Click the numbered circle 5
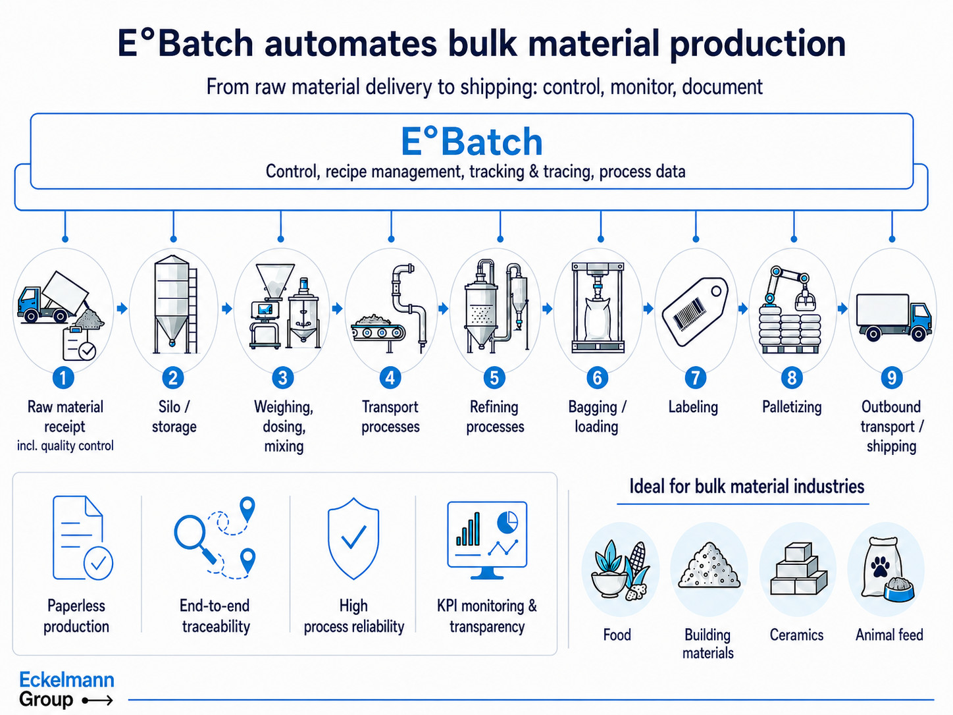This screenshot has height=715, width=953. click(494, 378)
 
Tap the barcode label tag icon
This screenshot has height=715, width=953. click(695, 311)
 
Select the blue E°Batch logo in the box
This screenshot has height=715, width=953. click(471, 141)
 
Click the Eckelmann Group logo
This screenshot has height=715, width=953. click(66, 690)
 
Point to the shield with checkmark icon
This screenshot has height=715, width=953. click(353, 539)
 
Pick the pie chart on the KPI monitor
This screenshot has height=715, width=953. click(507, 522)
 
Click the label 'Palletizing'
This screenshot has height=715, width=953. click(792, 407)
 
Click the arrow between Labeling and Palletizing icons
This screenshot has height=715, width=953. click(743, 309)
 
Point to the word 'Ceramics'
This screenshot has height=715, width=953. click(797, 635)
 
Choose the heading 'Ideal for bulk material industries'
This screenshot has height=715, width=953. click(747, 487)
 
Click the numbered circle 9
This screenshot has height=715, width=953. click(892, 378)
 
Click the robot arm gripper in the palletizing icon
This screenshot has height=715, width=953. click(804, 298)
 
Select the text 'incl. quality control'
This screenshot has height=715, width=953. click(65, 446)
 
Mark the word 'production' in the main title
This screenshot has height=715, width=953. click(758, 44)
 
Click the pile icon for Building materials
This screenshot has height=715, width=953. click(709, 565)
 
